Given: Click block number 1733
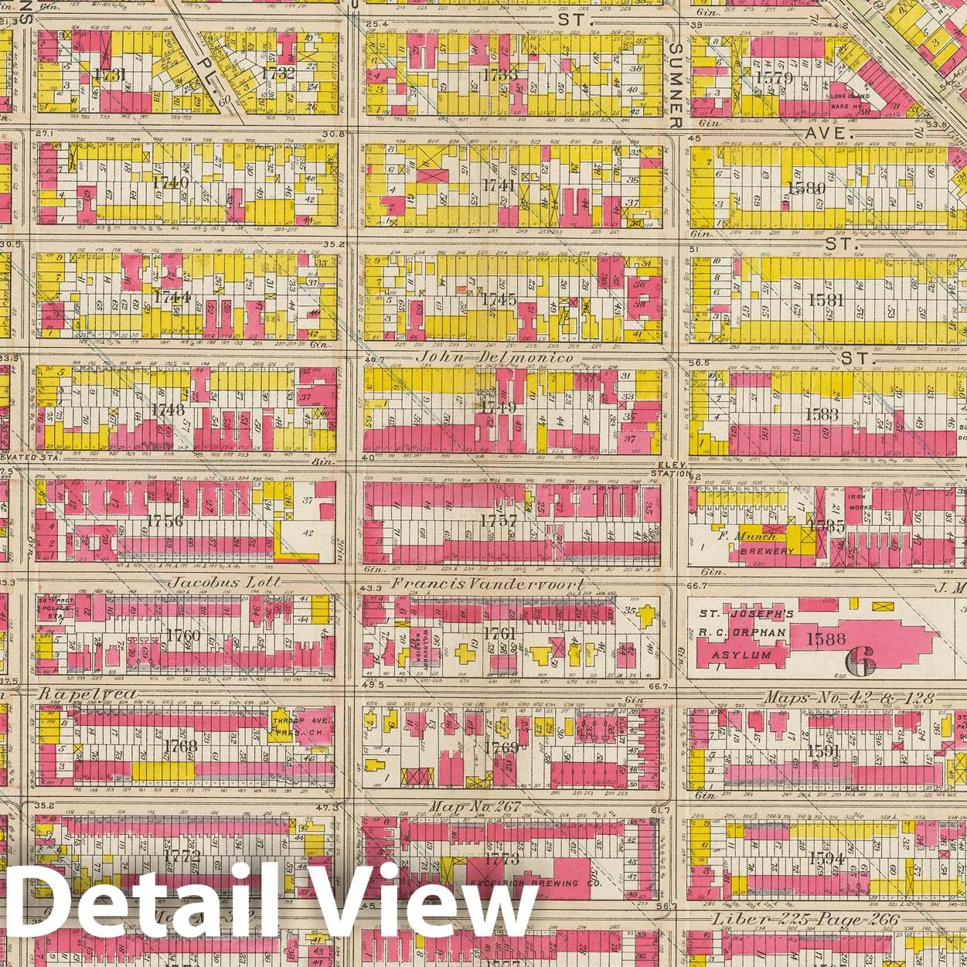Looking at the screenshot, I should point(499,75).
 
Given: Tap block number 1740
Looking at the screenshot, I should point(171,183).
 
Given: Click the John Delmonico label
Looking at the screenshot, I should point(495,358).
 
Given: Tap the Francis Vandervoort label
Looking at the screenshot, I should point(488,585).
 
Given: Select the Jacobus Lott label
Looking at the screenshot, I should point(216,582).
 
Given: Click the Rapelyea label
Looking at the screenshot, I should point(87,693).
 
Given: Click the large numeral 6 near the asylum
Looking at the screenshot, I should point(861,659).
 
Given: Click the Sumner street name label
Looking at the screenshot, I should point(675,86).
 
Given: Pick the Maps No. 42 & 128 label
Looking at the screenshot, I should point(849,698).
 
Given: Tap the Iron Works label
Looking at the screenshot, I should point(860,502).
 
